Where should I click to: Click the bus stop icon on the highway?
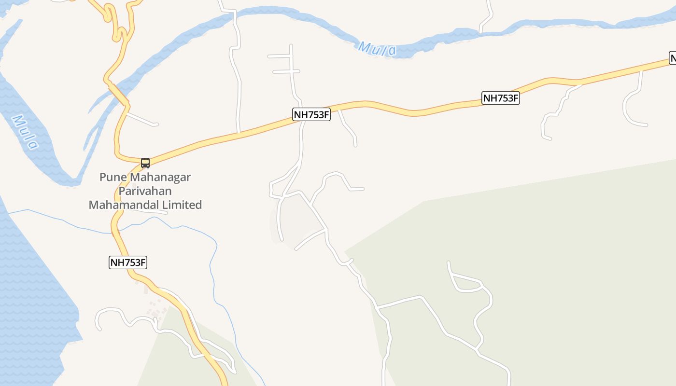click(145, 163)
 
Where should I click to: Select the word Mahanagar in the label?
click(161, 177)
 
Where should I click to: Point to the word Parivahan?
click(145, 191)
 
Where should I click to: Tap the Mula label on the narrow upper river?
click(378, 49)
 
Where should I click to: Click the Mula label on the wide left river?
click(25, 132)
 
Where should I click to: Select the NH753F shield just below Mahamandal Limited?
click(128, 263)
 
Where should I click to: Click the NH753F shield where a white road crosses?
click(311, 114)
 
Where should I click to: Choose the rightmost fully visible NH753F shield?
click(501, 98)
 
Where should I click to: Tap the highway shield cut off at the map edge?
click(673, 58)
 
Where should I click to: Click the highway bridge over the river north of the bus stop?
click(119, 94)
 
